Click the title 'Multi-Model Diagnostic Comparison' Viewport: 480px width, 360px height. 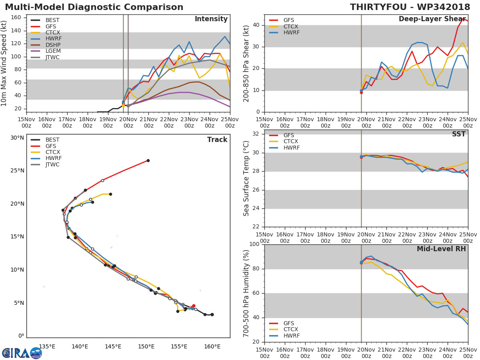click(94, 7)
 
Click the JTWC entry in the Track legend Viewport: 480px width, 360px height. click(52, 165)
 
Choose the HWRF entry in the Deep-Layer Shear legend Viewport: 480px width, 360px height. click(291, 33)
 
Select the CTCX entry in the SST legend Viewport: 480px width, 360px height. click(291, 142)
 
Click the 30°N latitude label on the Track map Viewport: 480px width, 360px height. click(17, 138)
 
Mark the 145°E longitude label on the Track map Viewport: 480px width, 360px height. click(113, 346)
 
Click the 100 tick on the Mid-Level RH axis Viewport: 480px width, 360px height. click(254, 244)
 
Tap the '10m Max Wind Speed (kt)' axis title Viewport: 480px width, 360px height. click(4, 63)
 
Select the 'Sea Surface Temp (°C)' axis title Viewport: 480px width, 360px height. click(246, 178)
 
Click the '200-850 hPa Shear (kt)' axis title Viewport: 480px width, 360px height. click(246, 63)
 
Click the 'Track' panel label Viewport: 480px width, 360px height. click(217, 140)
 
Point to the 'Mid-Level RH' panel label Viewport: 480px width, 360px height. click(441, 249)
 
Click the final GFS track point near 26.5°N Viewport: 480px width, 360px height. click(148, 160)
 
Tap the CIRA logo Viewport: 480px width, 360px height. click(22, 353)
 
